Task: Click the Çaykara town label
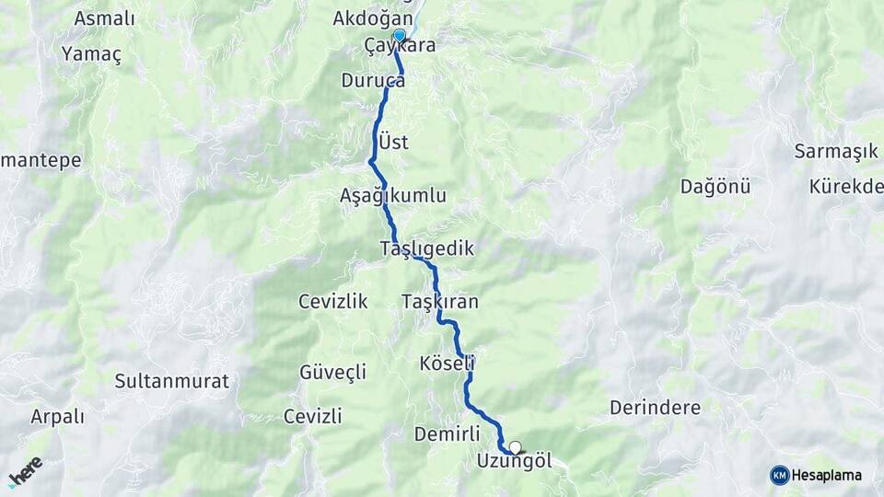[x=400, y=45]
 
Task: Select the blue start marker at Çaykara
[x=399, y=35]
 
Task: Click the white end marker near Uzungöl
[x=516, y=448]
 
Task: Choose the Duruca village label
[x=373, y=80]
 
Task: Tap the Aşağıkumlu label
[x=393, y=196]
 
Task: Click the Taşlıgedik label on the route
[x=426, y=248]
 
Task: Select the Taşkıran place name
[x=440, y=302]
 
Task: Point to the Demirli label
[x=448, y=433]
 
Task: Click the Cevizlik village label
[x=333, y=302]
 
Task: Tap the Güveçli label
[x=333, y=373]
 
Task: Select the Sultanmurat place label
[x=172, y=380]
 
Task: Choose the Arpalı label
[x=57, y=417]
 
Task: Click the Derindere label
[x=655, y=408]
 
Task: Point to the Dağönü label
[x=715, y=187]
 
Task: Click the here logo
[x=25, y=471]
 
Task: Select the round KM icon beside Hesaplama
[x=780, y=475]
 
